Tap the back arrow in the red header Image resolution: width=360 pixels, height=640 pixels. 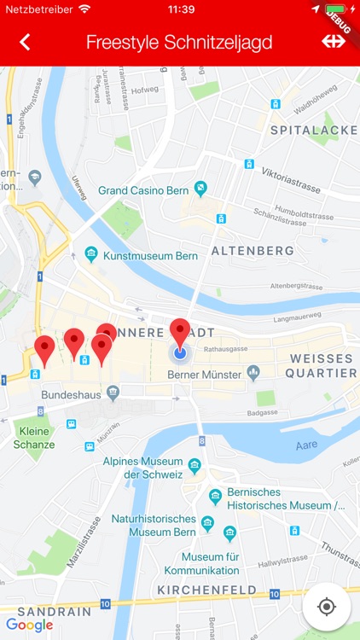click(25, 42)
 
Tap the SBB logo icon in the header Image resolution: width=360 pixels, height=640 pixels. click(333, 41)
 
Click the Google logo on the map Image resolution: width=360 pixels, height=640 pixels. click(29, 625)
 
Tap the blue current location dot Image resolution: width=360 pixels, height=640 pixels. click(179, 352)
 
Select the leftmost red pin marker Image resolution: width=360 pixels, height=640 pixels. click(44, 350)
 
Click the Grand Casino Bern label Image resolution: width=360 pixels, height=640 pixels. click(143, 189)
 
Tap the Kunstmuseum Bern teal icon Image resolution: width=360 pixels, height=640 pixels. click(91, 255)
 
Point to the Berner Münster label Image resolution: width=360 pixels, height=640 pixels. click(205, 373)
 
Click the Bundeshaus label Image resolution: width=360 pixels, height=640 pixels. click(71, 395)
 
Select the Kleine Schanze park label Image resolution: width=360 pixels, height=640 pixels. click(34, 438)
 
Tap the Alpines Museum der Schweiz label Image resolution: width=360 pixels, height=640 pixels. click(143, 468)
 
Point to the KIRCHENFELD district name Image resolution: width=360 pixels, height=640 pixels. click(206, 590)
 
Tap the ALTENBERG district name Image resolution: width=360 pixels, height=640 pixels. click(252, 251)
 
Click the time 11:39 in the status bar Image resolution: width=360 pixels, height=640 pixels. click(180, 9)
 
